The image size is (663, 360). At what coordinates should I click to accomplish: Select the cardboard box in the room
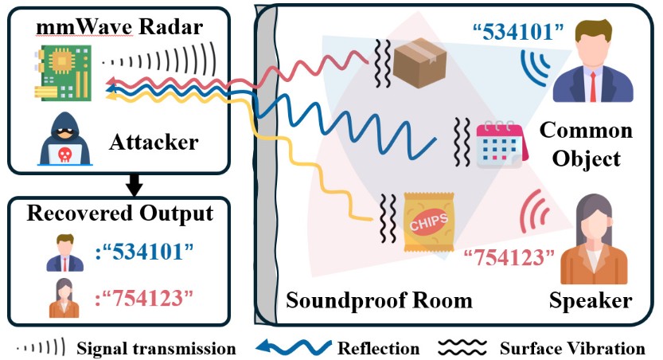click(x=418, y=59)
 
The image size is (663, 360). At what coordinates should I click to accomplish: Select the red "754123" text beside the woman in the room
click(x=509, y=256)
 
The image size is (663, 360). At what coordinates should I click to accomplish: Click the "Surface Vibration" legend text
click(x=572, y=348)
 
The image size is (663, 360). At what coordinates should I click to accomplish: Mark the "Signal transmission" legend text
click(x=156, y=348)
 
